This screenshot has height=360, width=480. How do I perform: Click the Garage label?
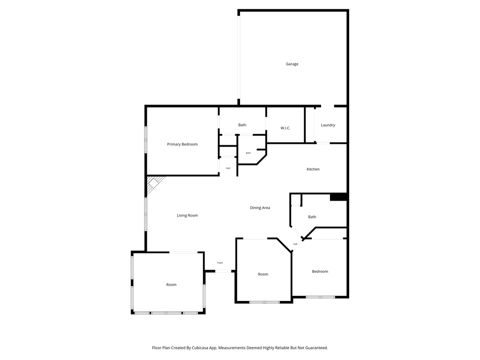pyautogui.click(x=292, y=64)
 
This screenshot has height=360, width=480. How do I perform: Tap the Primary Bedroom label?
pyautogui.click(x=182, y=144)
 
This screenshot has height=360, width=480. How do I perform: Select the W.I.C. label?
pyautogui.click(x=285, y=128)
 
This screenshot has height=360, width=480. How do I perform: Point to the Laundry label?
pyautogui.click(x=328, y=125)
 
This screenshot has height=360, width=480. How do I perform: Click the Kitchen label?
pyautogui.click(x=313, y=169)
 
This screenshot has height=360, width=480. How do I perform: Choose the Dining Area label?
pyautogui.click(x=260, y=208)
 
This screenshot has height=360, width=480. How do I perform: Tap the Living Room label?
pyautogui.click(x=187, y=216)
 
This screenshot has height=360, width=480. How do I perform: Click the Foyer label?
pyautogui.click(x=220, y=263)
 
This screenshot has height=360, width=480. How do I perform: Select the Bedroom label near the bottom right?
pyautogui.click(x=320, y=271)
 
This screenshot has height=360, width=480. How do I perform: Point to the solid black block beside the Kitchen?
pyautogui.click(x=338, y=197)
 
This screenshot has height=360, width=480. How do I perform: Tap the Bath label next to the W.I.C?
pyautogui.click(x=242, y=125)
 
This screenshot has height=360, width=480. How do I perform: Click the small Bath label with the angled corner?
pyautogui.click(x=248, y=153)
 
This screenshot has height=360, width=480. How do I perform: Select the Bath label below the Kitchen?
pyautogui.click(x=312, y=217)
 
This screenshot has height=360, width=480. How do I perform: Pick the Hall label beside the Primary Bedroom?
pyautogui.click(x=228, y=168)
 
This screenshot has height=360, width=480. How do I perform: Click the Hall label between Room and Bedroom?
pyautogui.click(x=295, y=244)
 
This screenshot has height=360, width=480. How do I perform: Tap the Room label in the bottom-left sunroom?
pyautogui.click(x=171, y=285)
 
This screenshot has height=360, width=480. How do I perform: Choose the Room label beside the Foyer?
pyautogui.click(x=263, y=274)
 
